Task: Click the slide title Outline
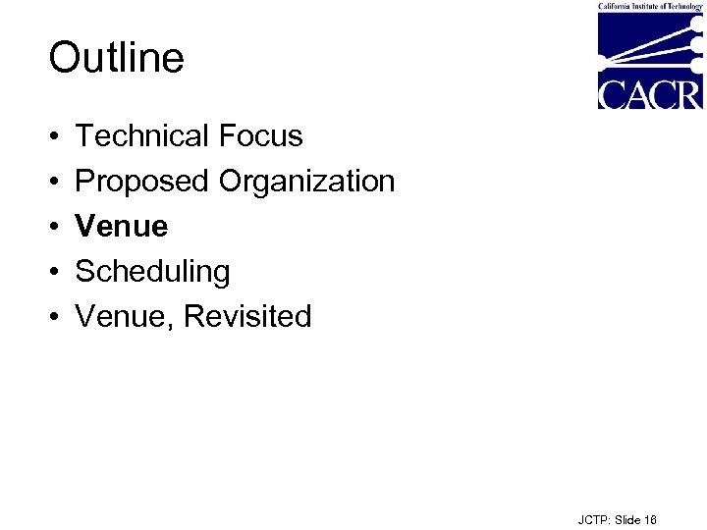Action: pyautogui.click(x=116, y=58)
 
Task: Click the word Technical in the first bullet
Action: pyautogui.click(x=141, y=135)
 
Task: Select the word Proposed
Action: pyautogui.click(x=142, y=182)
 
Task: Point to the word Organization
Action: pyautogui.click(x=306, y=182)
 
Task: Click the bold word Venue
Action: pyautogui.click(x=122, y=227)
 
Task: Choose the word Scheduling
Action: pyautogui.click(x=152, y=272)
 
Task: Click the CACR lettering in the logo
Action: pyautogui.click(x=650, y=94)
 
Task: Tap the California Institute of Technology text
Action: pyautogui.click(x=650, y=6)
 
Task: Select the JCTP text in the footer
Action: pyautogui.click(x=593, y=520)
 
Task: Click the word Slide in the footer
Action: pyautogui.click(x=628, y=520)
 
